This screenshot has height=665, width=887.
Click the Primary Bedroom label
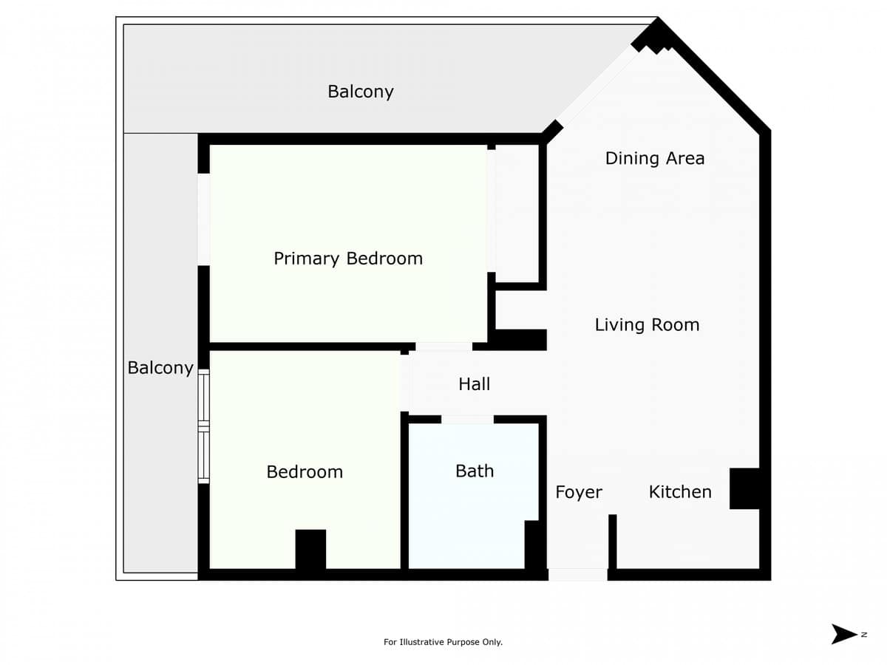pos(348,259)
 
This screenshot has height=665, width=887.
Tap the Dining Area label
pos(655,158)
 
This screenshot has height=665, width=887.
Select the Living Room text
pos(647,325)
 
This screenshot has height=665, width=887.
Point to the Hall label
pos(474,384)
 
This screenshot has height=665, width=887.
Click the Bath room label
pos(475,471)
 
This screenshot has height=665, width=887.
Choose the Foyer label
pos(579,492)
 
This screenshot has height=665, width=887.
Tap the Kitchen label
pos(680,492)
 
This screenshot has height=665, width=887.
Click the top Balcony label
pos(361,92)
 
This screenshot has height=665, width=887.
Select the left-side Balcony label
pos(160,368)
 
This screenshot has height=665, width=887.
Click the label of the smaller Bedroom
pos(305,472)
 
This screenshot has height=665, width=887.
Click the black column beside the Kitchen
pos(744,488)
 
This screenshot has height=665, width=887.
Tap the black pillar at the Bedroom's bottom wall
pos(310,550)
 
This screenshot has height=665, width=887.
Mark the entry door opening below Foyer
pos(578,575)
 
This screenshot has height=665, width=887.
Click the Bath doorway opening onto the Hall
pos(467,419)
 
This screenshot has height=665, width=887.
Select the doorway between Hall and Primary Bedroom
pos(443,347)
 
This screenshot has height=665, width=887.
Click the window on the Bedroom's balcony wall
pos(204,426)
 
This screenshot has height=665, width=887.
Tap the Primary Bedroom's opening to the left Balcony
pos(204,219)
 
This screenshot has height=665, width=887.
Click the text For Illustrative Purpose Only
pos(443,642)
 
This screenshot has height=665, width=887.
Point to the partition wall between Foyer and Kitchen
pos(613,542)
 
